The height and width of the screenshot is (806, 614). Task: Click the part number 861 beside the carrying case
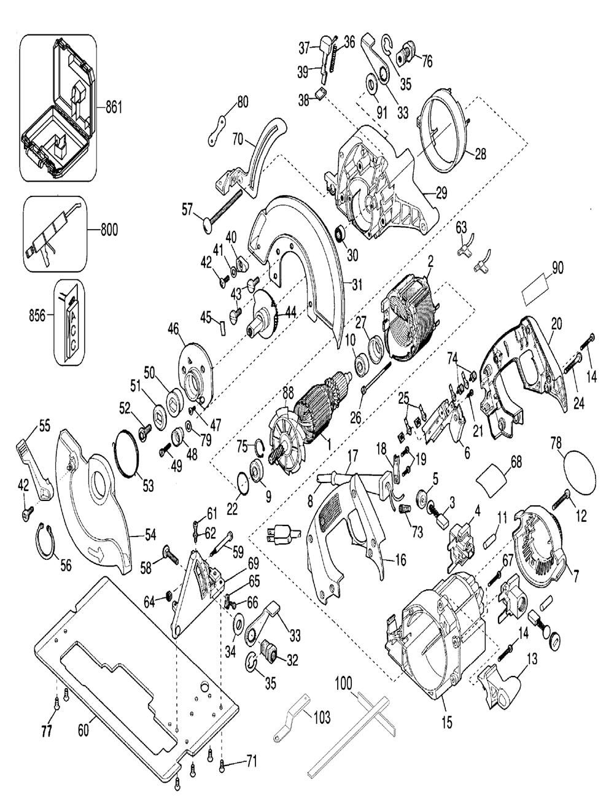coord(114,108)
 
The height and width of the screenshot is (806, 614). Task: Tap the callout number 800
coord(109,230)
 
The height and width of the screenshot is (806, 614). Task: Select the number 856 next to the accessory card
coord(37,316)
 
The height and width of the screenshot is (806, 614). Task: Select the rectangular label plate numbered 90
coord(536,292)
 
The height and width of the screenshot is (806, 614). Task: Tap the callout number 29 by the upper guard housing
coord(441,193)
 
